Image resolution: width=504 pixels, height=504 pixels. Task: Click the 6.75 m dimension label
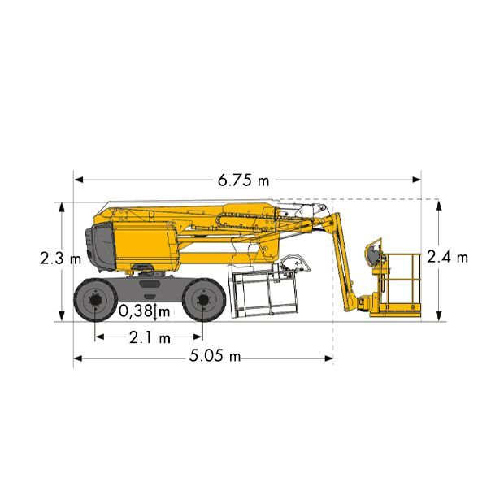[x=243, y=180]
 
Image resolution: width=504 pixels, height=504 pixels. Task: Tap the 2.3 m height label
[x=60, y=259]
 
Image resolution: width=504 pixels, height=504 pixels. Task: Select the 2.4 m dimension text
[x=447, y=257]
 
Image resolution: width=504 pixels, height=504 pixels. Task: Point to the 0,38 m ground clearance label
[x=144, y=311]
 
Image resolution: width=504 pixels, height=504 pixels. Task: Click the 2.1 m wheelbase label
[x=150, y=337]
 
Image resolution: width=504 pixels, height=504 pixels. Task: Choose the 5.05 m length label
[x=215, y=356]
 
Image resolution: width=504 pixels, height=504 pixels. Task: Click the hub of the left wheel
[x=95, y=300]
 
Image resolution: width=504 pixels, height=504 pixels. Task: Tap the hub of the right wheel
[x=203, y=300]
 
